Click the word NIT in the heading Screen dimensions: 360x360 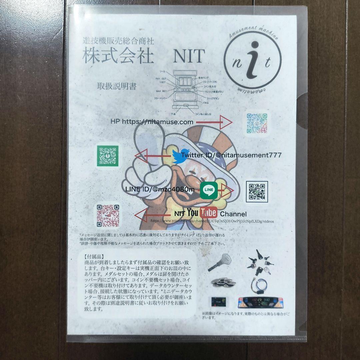188,57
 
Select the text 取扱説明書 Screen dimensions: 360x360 117,86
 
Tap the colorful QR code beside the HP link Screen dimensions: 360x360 257,122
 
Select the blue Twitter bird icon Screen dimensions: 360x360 180,156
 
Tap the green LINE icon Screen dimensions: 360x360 209,190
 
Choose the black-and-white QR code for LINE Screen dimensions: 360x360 257,192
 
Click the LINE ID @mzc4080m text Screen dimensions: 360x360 160,189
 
